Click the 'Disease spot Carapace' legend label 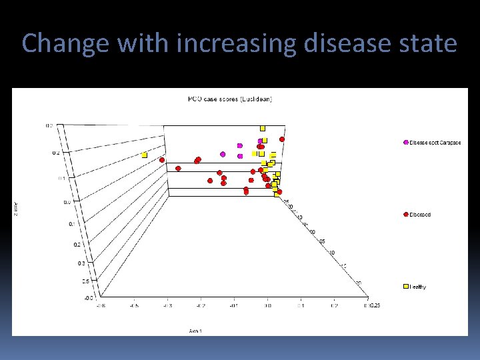[435, 143]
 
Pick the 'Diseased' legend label [420, 215]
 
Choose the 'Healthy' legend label [417, 287]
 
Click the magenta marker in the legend [406, 143]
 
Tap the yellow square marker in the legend [406, 287]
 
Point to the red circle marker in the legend [406, 215]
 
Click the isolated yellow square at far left [144, 155]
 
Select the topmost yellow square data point [263, 127]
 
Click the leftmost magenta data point [223, 154]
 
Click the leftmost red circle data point [162, 160]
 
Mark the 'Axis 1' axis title [195, 331]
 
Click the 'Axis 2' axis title [17, 208]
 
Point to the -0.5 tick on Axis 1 [133, 305]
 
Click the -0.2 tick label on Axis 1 [200, 305]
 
